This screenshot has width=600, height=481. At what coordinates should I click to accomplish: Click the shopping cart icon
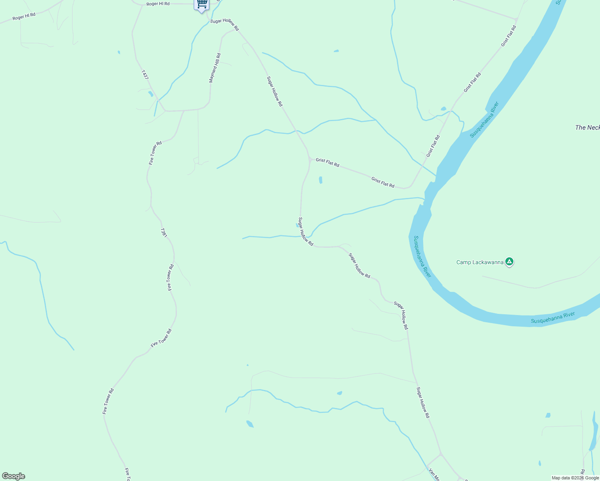[x=202, y=4]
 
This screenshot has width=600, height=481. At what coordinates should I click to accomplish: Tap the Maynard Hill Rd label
[x=215, y=68]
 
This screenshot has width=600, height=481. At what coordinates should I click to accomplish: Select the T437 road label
[x=145, y=75]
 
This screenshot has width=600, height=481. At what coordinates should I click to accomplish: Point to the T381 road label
[x=164, y=233]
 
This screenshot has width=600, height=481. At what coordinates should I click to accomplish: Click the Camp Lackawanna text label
[x=480, y=263]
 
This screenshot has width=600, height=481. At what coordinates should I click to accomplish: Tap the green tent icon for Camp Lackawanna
[x=509, y=262]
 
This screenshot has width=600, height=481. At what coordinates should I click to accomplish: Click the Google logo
[x=14, y=476]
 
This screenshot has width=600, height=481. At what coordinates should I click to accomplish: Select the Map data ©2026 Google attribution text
[x=575, y=478]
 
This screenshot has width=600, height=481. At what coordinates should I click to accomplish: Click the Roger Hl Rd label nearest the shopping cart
[x=158, y=4]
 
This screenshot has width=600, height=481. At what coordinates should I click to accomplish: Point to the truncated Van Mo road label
[x=434, y=475]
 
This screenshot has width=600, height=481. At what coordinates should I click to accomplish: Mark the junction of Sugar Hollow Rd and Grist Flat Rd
[x=310, y=160]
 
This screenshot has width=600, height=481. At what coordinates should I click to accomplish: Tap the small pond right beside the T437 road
[x=150, y=94]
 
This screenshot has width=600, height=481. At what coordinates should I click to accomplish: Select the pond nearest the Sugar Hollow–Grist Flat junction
[x=320, y=180]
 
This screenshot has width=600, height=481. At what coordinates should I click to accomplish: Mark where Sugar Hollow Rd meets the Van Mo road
[x=440, y=454]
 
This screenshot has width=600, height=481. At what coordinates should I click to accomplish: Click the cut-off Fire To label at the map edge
[x=127, y=475]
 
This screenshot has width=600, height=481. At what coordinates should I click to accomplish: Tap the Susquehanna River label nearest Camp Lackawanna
[x=422, y=257]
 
